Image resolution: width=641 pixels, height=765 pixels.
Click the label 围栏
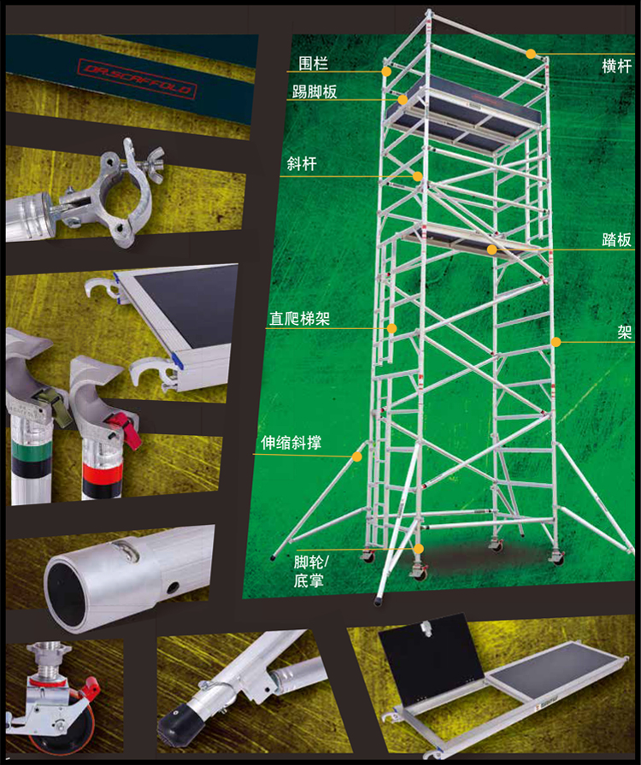pos(313,63)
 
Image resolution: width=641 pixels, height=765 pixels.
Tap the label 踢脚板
pos(315,91)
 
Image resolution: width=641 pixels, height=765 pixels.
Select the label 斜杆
pos(302,163)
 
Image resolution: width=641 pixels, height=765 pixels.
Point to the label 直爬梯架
pos(299,319)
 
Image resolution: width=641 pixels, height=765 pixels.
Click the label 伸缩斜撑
pos(291,443)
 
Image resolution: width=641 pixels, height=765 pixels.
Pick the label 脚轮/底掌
pos(311,571)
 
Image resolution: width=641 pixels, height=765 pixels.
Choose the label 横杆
pos(616,66)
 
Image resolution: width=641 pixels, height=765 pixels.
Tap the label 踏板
pos(616,239)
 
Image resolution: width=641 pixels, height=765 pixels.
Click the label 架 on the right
pos(625,332)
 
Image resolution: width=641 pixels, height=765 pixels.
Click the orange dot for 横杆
pos(531,54)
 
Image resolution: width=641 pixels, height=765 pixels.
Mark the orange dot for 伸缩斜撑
pos(357,456)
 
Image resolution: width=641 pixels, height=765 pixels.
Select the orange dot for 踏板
pos(491,250)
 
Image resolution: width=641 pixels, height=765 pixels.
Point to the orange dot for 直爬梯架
pos(391,328)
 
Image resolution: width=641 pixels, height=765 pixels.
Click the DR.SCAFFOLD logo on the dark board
pos(137,79)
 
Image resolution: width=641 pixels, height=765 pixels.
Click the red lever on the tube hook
pos(128,429)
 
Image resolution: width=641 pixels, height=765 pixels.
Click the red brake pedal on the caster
pos(89,689)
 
